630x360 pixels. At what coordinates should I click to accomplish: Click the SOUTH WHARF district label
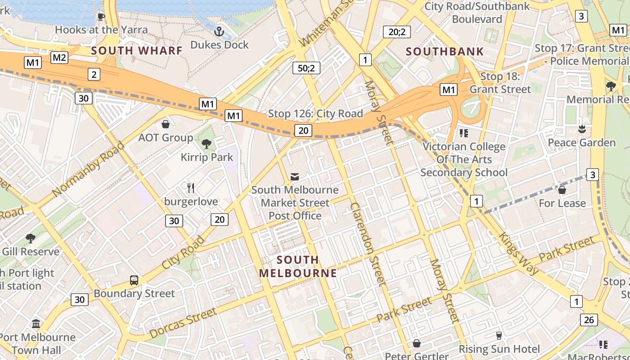pos(137,50)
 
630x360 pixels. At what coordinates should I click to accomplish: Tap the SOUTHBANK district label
pos(445,51)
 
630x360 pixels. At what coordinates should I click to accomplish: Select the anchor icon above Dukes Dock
pos(219,31)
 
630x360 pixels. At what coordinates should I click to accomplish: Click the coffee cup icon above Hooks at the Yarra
pos(101,17)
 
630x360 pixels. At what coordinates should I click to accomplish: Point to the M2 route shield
pos(59,57)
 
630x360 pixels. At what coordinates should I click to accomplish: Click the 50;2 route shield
pos(306,68)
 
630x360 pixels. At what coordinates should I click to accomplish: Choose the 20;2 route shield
pos(396,32)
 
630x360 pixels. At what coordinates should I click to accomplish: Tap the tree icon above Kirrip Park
pos(207,144)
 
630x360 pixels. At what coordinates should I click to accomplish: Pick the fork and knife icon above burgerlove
pos(191,188)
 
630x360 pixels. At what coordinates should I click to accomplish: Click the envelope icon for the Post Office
pos(295,177)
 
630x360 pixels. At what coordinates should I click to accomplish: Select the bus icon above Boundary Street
pos(134,280)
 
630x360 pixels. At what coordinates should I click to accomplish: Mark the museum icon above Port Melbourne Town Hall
pos(36,324)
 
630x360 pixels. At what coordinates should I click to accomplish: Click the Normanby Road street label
pos(88,169)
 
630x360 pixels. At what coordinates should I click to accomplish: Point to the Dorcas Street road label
pos(183,323)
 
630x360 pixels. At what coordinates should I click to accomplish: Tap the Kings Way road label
pos(518,253)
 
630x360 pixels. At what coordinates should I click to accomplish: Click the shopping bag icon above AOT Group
pos(166,124)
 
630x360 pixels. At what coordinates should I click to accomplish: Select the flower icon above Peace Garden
pos(581,129)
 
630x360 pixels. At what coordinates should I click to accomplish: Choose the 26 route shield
pos(589,320)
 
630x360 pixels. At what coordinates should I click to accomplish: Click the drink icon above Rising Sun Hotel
pos(499,335)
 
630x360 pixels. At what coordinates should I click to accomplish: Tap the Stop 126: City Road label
pos(315,114)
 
